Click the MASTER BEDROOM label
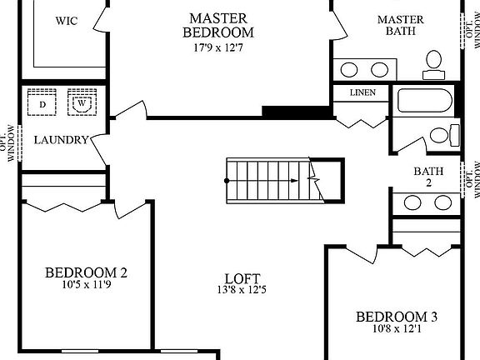217,25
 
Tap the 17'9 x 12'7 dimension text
217,47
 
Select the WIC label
67,21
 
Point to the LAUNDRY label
61,140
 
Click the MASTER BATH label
400,25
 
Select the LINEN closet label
362,92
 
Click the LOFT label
242,278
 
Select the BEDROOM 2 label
86,272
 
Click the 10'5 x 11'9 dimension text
86,285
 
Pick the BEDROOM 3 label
397,317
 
